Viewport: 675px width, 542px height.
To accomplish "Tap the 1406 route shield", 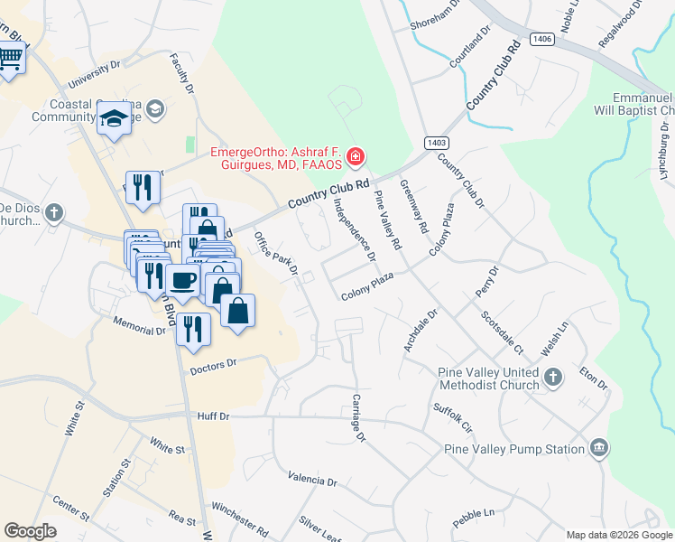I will click(x=541, y=39).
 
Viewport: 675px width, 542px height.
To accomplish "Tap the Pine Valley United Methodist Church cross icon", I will click(x=553, y=378).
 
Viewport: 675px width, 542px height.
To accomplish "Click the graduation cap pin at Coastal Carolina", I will click(x=115, y=118).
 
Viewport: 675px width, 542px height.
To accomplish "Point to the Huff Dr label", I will click(x=214, y=416).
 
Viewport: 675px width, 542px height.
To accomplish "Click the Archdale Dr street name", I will click(x=421, y=332).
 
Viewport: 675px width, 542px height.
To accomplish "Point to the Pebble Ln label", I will click(x=475, y=518).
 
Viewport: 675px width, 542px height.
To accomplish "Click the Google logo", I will click(x=30, y=531).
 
